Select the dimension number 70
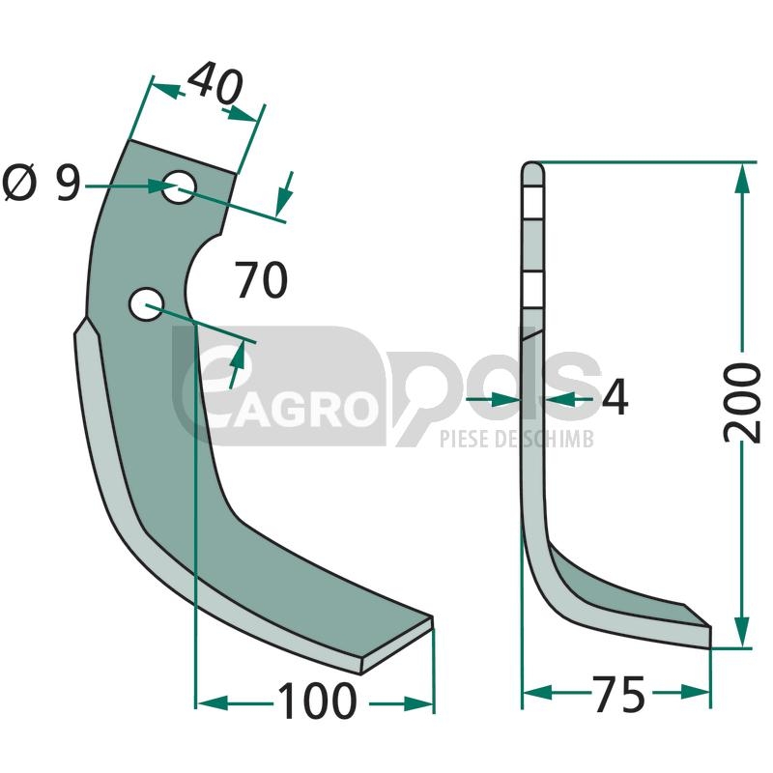pos(261,280)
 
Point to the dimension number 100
pos(317,701)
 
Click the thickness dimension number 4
pos(616,397)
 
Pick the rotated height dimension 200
pos(742,403)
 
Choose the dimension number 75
pos(620,695)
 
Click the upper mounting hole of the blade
pos(179,186)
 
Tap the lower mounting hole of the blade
pos(146,303)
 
